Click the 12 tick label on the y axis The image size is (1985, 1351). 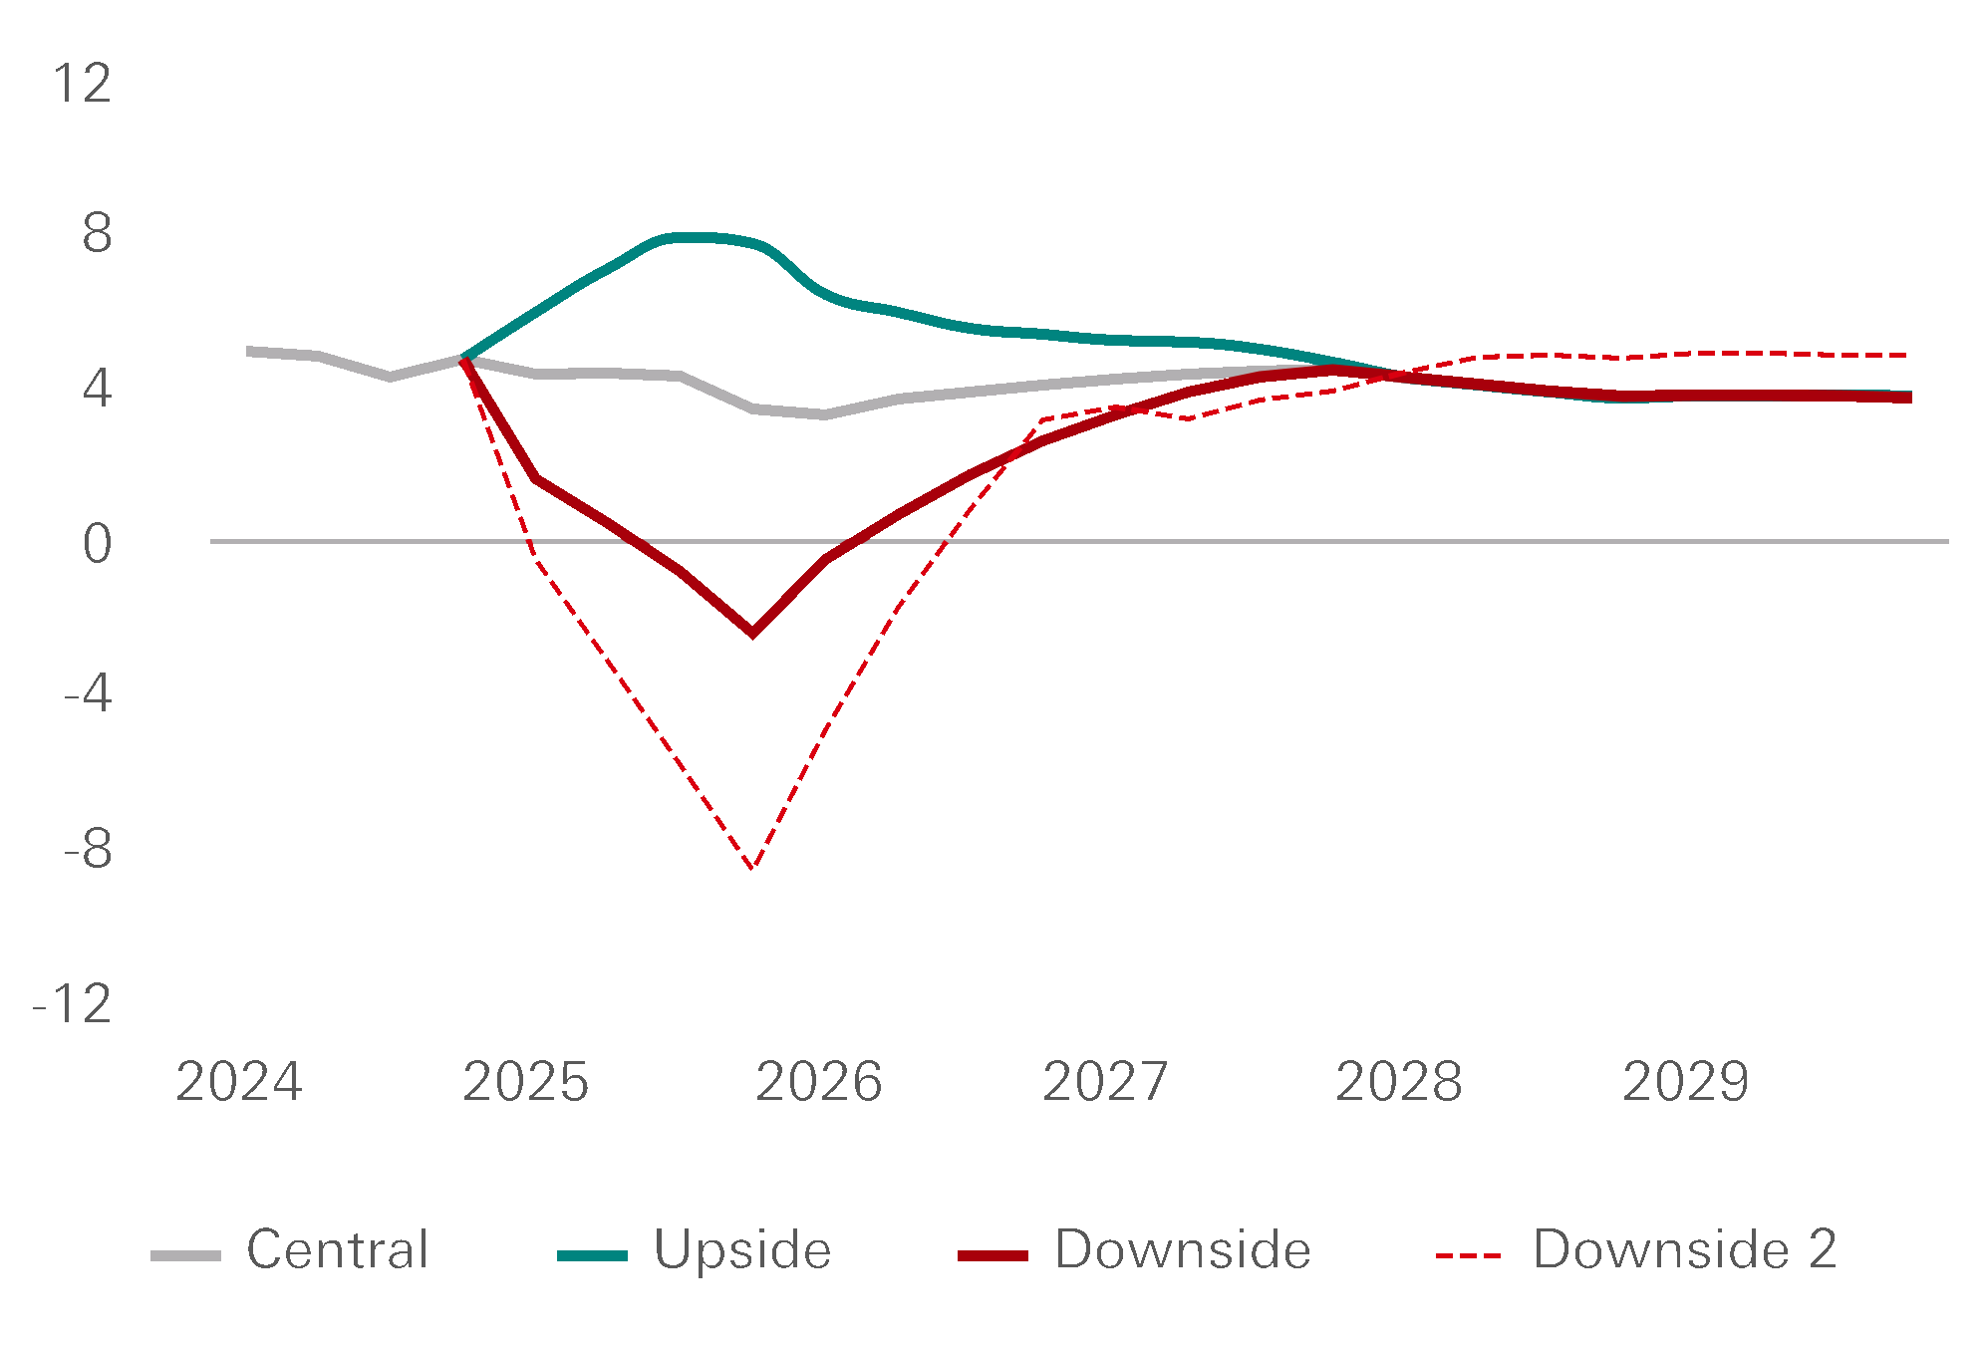coord(82,84)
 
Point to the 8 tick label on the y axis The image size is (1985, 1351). coord(97,235)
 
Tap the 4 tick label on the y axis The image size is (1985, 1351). coord(97,389)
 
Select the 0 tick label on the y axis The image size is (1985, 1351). coord(97,544)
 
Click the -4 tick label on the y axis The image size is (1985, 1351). coord(88,693)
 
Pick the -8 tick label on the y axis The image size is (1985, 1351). coord(88,850)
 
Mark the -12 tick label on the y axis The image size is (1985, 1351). coord(73,1004)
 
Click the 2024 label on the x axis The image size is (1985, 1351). coord(238,1082)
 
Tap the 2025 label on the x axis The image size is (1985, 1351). coord(525,1082)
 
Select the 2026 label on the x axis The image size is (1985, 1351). coord(818,1082)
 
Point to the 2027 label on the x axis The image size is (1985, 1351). coord(1105,1082)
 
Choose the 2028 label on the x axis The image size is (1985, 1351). coord(1398,1082)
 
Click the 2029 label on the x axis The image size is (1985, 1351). coord(1685,1082)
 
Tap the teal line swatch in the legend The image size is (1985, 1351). coord(592,1256)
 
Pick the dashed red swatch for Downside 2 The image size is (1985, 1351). coord(1468,1256)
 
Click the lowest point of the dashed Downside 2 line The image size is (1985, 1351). coord(753,867)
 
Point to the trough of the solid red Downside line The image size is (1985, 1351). coord(752,633)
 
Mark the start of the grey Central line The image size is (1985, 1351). coord(248,351)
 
